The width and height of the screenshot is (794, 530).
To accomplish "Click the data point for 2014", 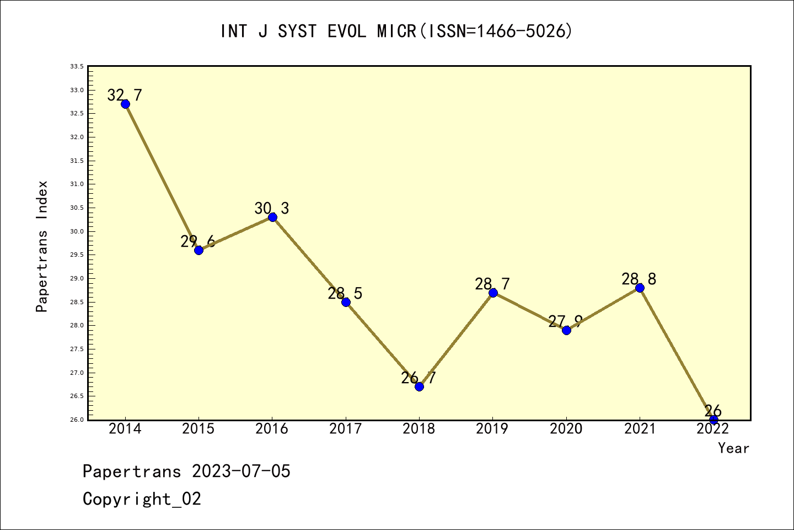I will coord(125,104).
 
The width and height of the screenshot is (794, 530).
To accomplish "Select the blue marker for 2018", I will coord(419,386).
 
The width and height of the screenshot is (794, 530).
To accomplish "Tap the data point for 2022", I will coord(713,420).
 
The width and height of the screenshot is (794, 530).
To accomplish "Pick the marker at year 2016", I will coord(272,217).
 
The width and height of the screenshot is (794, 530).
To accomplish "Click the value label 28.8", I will coord(639,279).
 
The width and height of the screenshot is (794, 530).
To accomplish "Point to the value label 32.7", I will coord(125,96).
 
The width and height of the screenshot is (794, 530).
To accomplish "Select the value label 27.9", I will coord(565,321).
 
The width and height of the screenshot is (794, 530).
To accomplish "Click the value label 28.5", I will coord(345,294).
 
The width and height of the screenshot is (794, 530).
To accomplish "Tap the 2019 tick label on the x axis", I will coord(492,429).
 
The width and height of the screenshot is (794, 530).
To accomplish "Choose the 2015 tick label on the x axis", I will coord(198,429).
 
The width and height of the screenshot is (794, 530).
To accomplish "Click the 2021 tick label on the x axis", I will coord(640,429).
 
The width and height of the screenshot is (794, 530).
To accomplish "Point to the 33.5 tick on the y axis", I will coord(77,66).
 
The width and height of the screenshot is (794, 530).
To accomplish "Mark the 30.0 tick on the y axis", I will coord(77,231).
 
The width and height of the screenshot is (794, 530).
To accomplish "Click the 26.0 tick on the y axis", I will coord(77,420).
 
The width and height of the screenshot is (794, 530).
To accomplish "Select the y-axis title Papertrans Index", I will coord(42,246).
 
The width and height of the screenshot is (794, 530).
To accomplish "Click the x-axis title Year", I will coord(733,448).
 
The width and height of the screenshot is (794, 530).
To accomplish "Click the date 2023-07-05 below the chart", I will coord(241,471).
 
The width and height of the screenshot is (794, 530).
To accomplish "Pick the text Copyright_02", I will coord(142,499).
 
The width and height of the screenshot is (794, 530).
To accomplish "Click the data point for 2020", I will coord(566,330).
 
